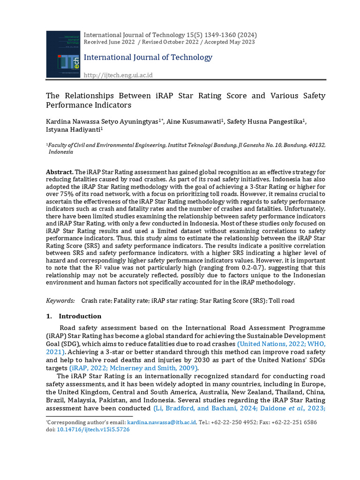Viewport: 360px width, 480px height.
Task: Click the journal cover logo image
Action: pos(63,54)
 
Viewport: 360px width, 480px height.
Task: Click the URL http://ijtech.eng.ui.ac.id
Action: pos(118,75)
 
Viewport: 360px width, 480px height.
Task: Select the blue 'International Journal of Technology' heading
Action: pos(148,57)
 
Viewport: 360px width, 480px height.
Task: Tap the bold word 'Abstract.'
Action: pos(60,172)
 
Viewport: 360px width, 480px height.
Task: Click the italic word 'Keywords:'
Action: pos(60,300)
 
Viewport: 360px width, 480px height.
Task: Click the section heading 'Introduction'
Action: pos(80,316)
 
